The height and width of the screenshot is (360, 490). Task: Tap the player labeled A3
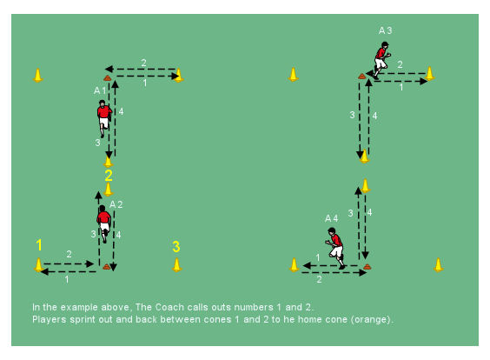pos(382,60)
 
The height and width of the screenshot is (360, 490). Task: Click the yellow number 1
pos(39,245)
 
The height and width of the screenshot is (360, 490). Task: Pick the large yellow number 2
pos(109,176)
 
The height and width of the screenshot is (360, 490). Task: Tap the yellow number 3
pos(176,246)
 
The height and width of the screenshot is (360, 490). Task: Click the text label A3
pos(386,30)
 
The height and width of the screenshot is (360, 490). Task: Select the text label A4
pos(332,218)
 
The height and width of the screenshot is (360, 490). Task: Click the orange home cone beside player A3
pos(362,76)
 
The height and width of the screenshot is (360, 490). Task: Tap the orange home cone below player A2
pos(107,267)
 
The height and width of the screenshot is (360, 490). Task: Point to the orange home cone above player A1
pos(108,78)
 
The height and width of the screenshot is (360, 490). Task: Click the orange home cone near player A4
pos(367,267)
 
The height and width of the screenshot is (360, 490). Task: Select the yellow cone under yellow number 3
pos(177,265)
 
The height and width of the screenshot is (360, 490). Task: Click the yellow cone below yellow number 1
pos(39,265)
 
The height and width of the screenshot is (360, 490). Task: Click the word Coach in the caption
pos(167,307)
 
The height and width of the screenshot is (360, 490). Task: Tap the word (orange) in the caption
pos(371,320)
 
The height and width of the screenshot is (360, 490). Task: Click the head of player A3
pos(385,45)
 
